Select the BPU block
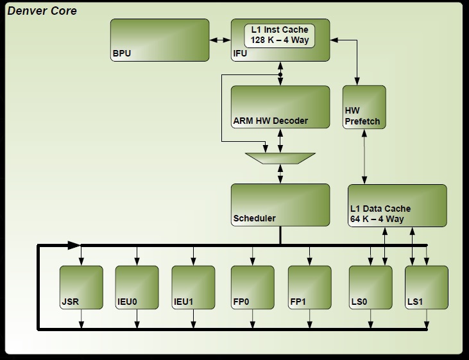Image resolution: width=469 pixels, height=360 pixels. click(160, 40)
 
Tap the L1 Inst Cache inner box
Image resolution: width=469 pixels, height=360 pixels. click(279, 35)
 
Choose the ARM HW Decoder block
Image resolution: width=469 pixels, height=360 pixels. click(280, 107)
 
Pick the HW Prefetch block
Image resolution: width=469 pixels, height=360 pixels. click(364, 107)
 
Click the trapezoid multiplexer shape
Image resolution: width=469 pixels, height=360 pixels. click(280, 158)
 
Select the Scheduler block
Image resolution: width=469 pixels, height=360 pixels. click(280, 205)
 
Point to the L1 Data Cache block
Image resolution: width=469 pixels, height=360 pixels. click(397, 205)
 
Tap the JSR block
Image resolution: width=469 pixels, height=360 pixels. click(81, 287)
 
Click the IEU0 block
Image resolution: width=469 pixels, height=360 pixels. click(137, 287)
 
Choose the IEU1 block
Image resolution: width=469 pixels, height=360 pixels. click(193, 287)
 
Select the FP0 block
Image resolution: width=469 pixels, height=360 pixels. click(252, 287)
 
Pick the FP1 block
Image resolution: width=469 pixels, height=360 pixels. click(309, 287)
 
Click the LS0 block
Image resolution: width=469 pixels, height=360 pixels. click(370, 287)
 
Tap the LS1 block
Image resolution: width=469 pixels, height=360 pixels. click(427, 287)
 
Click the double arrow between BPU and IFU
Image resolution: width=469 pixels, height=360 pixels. click(220, 40)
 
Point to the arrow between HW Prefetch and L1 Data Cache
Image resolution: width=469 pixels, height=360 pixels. click(364, 157)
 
